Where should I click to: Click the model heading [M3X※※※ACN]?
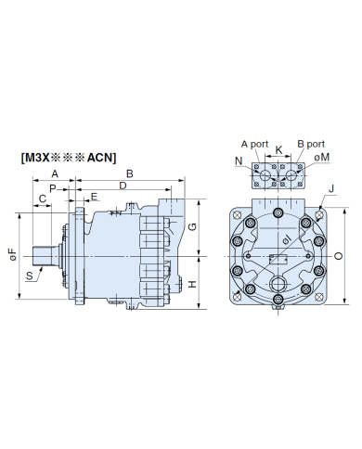coord(69,158)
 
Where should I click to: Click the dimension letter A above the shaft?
coord(55,173)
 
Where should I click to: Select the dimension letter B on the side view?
coord(130,173)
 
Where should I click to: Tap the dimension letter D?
coord(123,186)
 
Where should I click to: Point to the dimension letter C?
coord(43,199)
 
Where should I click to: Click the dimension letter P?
coord(53,188)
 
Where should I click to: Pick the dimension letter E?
coord(94,197)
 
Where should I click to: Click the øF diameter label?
coord(13,254)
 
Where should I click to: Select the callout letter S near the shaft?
coord(30,276)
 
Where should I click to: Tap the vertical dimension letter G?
coord(192,227)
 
